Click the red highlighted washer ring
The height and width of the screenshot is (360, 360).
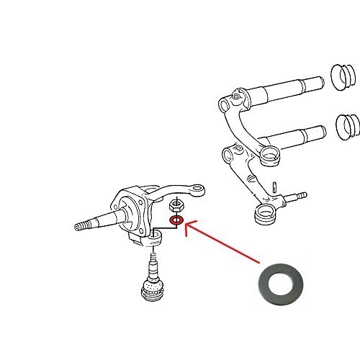click(176, 220)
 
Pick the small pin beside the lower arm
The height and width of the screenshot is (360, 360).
click(277, 186)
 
